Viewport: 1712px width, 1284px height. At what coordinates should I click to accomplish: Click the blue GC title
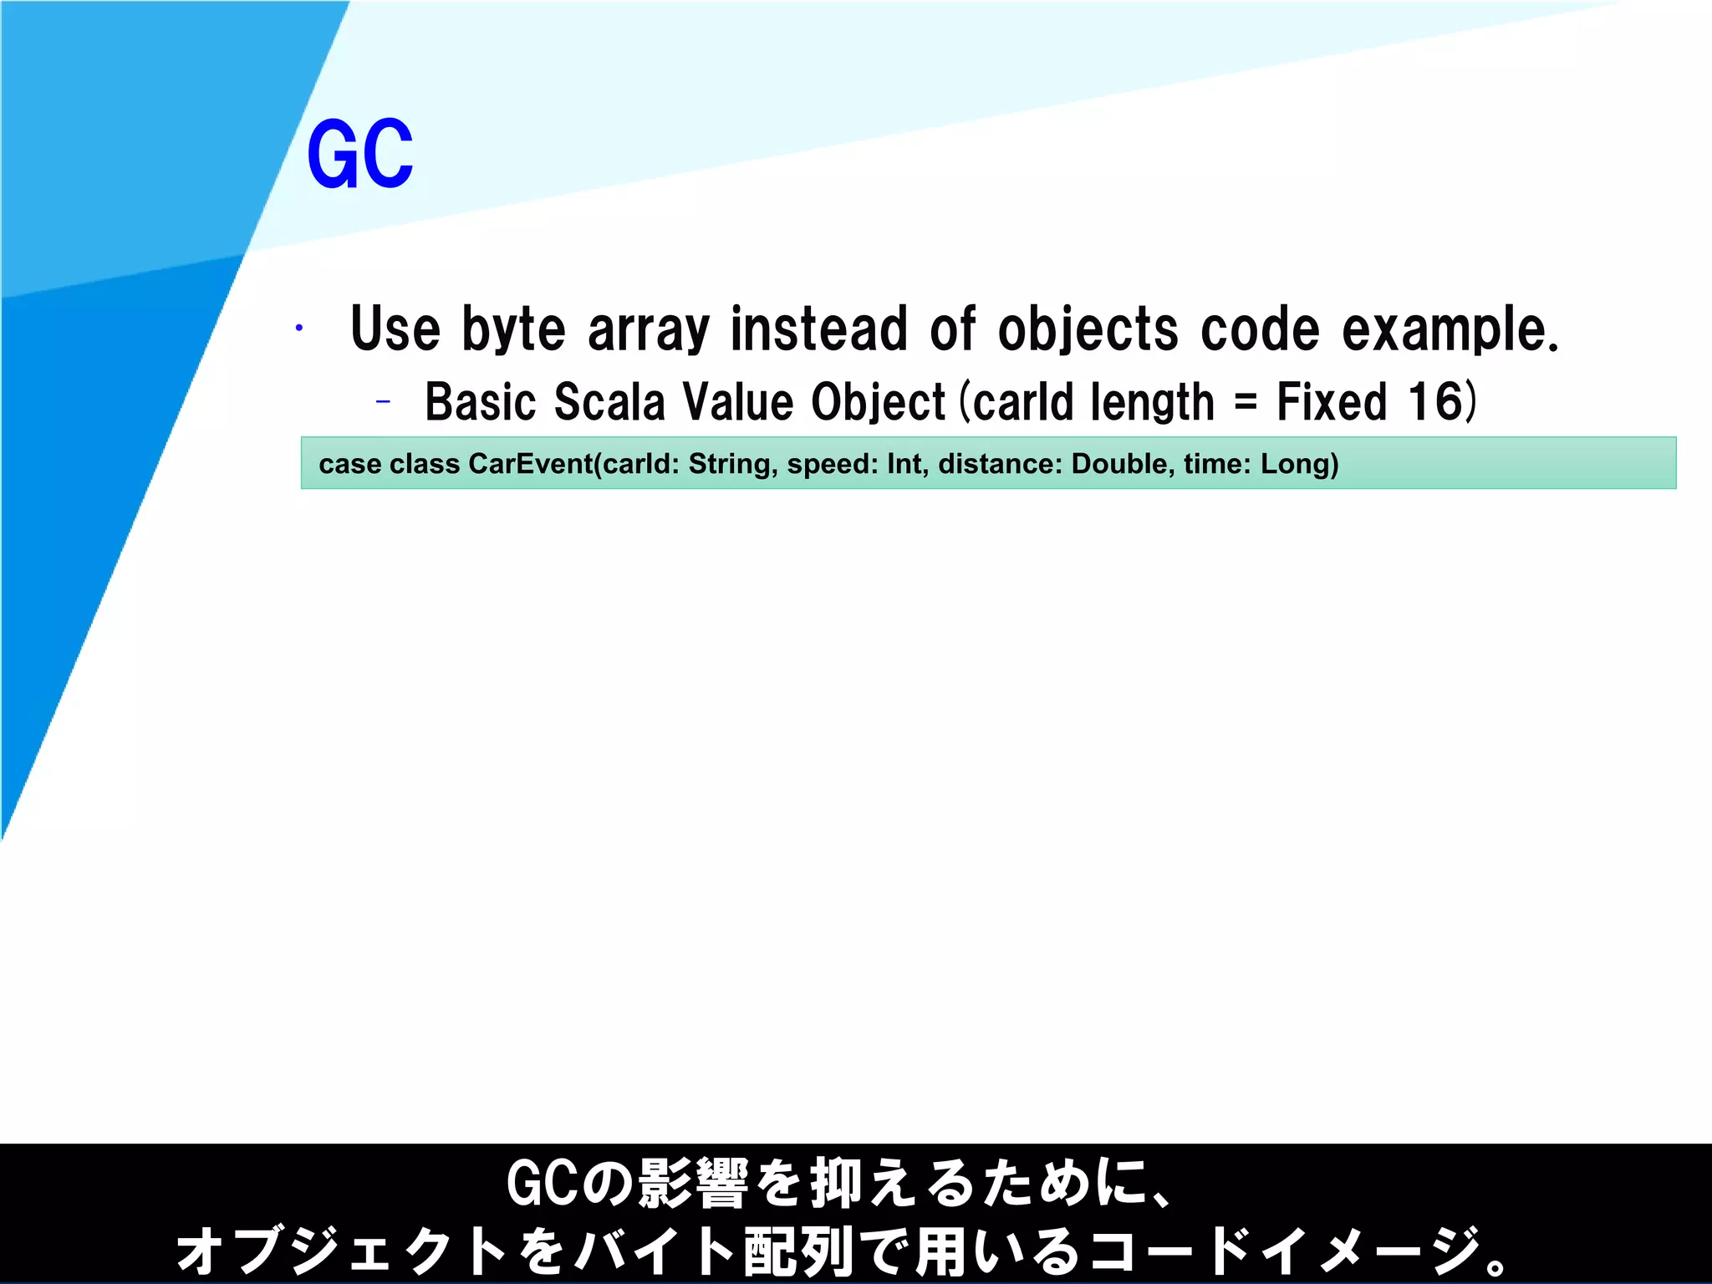point(360,155)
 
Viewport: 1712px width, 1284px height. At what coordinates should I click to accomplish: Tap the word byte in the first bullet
point(513,330)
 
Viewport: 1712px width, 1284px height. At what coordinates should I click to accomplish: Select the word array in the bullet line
point(649,330)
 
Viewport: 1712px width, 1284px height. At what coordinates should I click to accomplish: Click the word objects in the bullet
point(1088,330)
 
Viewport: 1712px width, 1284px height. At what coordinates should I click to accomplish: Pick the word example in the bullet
point(1449,330)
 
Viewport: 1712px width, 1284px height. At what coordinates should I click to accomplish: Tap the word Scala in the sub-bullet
point(609,402)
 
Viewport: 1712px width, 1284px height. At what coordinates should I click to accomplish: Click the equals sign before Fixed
point(1245,404)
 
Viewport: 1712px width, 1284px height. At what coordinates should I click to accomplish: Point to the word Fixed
point(1332,402)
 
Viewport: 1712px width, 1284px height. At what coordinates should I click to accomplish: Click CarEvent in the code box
point(530,464)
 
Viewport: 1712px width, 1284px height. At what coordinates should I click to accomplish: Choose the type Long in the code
point(1295,465)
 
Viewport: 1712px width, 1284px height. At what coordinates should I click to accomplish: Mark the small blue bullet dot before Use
point(298,329)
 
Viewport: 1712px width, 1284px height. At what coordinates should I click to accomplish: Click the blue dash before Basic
point(383,403)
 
